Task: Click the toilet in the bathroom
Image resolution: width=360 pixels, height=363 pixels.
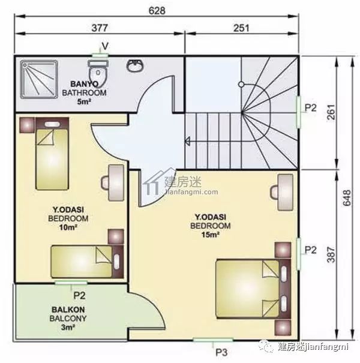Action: (98, 73)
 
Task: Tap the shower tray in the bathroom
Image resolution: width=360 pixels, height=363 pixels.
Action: (38, 79)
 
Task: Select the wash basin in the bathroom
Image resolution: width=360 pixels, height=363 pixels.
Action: (135, 66)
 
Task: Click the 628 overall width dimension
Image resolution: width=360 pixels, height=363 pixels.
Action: (157, 10)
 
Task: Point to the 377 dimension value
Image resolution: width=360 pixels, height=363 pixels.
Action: (100, 28)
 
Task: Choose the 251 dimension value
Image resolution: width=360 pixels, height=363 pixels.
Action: (241, 28)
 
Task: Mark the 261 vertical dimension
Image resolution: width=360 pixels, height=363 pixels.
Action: (331, 112)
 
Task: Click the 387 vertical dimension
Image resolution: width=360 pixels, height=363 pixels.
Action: (331, 254)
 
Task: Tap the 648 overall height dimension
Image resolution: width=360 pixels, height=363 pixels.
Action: (347, 198)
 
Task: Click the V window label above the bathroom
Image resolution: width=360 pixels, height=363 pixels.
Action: (105, 46)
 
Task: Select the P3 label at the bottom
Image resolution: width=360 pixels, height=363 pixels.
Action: (221, 353)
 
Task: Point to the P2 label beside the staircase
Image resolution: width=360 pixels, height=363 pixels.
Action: (310, 107)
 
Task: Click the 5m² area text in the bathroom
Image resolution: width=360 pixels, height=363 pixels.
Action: (84, 101)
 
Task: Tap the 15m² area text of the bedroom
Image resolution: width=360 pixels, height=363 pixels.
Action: (210, 235)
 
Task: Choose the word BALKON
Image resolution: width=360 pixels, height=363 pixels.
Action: (68, 310)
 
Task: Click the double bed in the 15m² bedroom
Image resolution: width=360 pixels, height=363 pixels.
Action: (253, 289)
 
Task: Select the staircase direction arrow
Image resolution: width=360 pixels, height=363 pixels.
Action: (188, 141)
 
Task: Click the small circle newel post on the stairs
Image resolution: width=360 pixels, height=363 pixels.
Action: (241, 84)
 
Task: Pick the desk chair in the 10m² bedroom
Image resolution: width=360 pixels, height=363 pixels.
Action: (105, 183)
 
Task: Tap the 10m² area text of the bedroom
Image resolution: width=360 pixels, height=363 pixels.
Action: (68, 227)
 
